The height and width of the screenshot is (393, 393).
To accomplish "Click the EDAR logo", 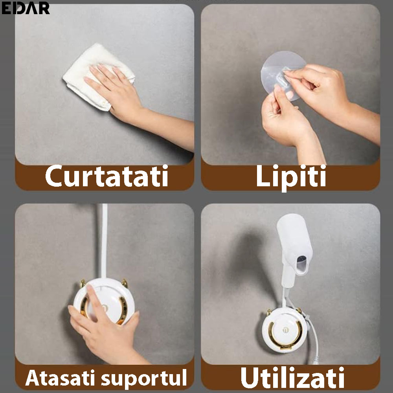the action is [x=25, y=8].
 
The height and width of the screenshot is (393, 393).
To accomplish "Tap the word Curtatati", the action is [x=107, y=176].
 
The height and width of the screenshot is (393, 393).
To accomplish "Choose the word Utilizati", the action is [x=292, y=377].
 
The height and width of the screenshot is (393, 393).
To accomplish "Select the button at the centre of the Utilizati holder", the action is [x=285, y=330].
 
